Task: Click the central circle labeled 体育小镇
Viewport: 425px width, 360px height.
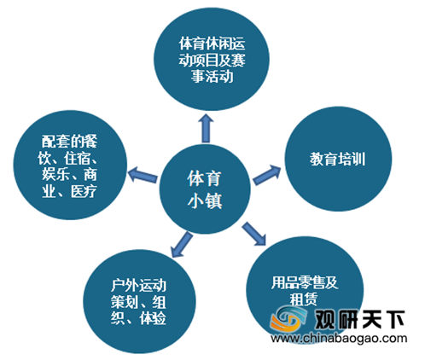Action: (205, 189)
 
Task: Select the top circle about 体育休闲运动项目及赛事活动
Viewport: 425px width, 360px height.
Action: (212, 59)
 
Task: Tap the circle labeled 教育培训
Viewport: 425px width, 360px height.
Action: (338, 159)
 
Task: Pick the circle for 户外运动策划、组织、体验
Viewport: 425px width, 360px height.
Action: (139, 302)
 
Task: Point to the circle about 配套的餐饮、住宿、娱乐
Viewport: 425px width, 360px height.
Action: (70, 165)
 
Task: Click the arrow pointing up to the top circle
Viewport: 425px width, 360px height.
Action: (206, 128)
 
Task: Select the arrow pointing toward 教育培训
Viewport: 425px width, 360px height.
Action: (267, 175)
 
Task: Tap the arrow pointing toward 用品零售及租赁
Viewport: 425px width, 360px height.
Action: (254, 234)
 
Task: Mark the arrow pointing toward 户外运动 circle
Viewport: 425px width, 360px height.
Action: (182, 245)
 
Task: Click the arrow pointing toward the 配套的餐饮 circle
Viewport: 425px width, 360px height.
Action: (143, 175)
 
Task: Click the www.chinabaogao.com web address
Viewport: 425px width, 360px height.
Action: (339, 338)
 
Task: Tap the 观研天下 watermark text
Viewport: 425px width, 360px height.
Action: (359, 318)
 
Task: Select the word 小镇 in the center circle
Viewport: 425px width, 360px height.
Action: (205, 200)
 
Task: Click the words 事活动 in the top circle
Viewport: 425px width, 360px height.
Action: (212, 76)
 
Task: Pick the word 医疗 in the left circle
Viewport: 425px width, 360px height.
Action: (84, 191)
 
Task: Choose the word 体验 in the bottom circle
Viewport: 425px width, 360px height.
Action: (153, 318)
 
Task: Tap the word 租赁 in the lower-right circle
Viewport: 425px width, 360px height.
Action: (303, 299)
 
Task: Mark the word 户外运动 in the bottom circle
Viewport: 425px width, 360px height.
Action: (139, 286)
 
